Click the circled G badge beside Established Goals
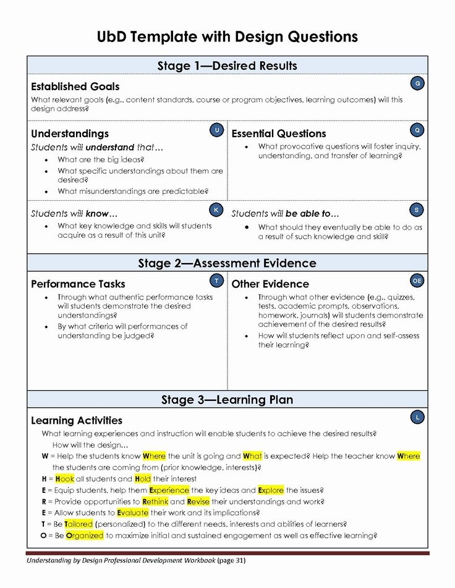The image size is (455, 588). (x=417, y=83)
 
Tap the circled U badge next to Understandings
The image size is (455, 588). (x=217, y=130)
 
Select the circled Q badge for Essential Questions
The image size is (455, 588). (x=417, y=130)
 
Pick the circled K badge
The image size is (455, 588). (x=216, y=210)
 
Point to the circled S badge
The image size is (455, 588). (x=417, y=210)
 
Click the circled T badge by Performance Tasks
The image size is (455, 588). (x=217, y=281)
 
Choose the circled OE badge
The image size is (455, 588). (x=417, y=281)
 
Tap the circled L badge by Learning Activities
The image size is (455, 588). (x=417, y=418)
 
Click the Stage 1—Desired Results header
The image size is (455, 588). (x=227, y=66)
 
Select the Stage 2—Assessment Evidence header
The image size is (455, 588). (x=227, y=263)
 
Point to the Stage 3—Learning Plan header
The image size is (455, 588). (x=227, y=400)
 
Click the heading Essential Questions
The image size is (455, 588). (x=278, y=133)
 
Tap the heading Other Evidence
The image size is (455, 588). (x=270, y=284)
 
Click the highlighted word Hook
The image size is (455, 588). (x=64, y=479)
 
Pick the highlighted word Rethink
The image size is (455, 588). (x=155, y=502)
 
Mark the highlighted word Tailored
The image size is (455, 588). (x=79, y=524)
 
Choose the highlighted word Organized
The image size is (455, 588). (x=85, y=535)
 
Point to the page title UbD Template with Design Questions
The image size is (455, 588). (x=227, y=36)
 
